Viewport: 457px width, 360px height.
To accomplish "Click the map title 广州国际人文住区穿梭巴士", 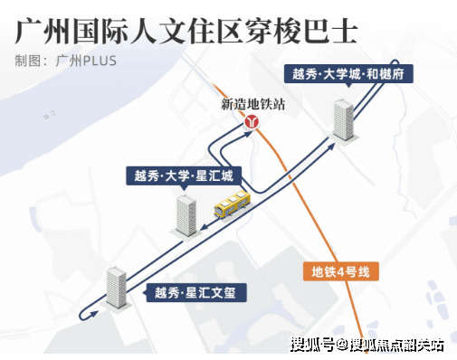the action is (186, 32).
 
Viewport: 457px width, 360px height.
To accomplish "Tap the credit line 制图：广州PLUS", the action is (65, 61).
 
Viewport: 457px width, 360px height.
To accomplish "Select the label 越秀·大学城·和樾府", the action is (348, 74).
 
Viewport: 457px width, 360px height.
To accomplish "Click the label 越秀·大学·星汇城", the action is (184, 175).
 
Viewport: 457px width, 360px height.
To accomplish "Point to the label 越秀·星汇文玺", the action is (195, 292).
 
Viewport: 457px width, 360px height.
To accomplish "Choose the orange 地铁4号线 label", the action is (341, 271).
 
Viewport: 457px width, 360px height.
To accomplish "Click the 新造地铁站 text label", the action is (252, 104).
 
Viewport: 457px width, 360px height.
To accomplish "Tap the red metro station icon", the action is (252, 122).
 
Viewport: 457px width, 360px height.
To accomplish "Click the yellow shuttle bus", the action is (233, 204).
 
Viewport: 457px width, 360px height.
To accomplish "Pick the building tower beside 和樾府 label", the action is (343, 120).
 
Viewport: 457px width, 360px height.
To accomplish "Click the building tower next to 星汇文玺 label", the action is (117, 288).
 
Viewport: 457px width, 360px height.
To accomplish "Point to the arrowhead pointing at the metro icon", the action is (248, 134).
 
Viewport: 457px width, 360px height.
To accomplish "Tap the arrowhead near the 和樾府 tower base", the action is (331, 147).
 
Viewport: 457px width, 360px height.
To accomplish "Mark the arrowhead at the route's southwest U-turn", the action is (93, 314).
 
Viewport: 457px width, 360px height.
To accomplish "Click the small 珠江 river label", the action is (50, 115).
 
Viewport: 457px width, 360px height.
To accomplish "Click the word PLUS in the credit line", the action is (100, 61).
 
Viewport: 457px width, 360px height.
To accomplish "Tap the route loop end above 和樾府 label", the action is (395, 62).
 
